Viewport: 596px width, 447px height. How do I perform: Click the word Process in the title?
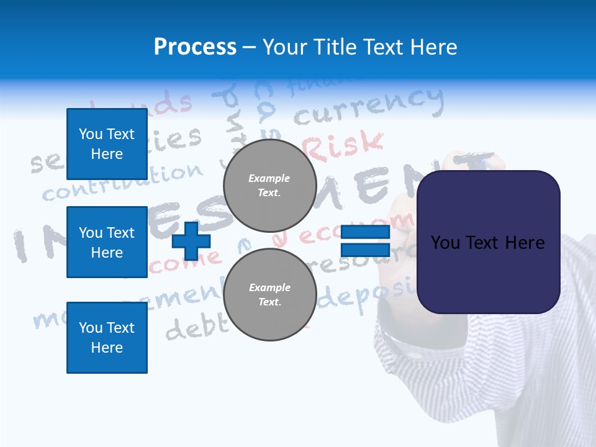195,47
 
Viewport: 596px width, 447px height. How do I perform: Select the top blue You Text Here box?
107,144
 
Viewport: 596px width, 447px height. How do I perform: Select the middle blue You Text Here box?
107,242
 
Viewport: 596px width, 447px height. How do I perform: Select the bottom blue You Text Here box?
107,337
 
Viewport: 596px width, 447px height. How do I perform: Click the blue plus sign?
191,241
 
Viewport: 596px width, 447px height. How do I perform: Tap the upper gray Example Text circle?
269,185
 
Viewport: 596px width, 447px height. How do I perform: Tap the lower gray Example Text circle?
269,294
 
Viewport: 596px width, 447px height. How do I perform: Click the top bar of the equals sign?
365,232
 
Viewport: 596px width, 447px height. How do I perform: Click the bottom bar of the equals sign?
365,250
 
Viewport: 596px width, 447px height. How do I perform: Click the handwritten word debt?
192,327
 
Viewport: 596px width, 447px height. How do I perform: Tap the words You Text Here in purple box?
488,242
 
